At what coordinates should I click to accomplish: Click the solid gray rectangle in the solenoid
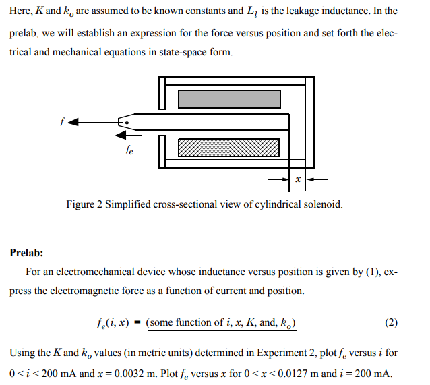point(229,98)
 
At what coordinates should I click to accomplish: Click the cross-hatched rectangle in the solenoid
point(229,148)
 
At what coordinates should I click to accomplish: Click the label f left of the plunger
point(61,123)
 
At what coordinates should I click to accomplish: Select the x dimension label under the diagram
point(297,180)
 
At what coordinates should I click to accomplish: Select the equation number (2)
point(392,322)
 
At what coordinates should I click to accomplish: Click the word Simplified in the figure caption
point(126,204)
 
